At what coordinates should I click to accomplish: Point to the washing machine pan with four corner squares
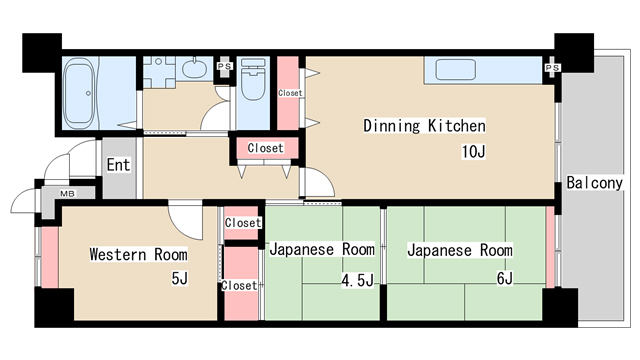point(159,73)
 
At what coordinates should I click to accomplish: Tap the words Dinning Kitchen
point(424,126)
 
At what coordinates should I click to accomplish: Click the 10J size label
point(472,152)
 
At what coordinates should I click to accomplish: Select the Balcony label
point(594,183)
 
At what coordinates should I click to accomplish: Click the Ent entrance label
point(119,164)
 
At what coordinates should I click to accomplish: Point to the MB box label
point(67,193)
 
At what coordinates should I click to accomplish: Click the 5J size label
point(179,278)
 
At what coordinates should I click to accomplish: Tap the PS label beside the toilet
point(224,67)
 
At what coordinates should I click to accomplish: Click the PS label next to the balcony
point(551,68)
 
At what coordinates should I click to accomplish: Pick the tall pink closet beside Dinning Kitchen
point(290,94)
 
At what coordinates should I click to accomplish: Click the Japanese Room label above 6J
point(459,250)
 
